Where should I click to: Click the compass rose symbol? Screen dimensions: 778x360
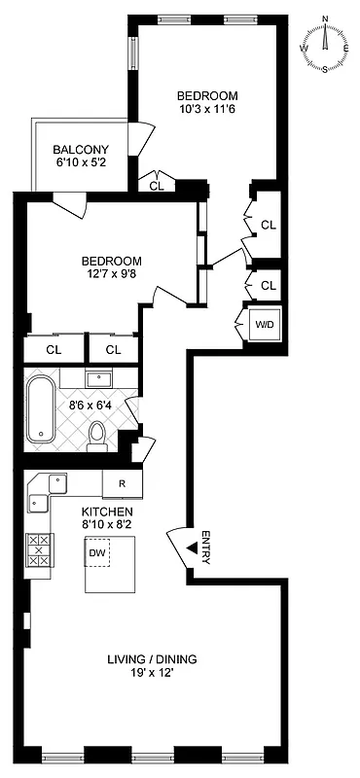pyautogui.click(x=325, y=45)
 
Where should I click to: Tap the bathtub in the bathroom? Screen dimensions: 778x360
pyautogui.click(x=42, y=407)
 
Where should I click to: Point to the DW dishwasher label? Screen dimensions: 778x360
pyautogui.click(x=96, y=553)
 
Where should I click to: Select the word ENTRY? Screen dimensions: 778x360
pyautogui.click(x=205, y=548)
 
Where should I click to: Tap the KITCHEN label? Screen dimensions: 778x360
pyautogui.click(x=106, y=512)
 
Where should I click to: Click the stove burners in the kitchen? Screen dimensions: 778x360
pyautogui.click(x=39, y=552)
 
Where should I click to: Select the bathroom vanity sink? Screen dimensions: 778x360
pyautogui.click(x=100, y=378)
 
